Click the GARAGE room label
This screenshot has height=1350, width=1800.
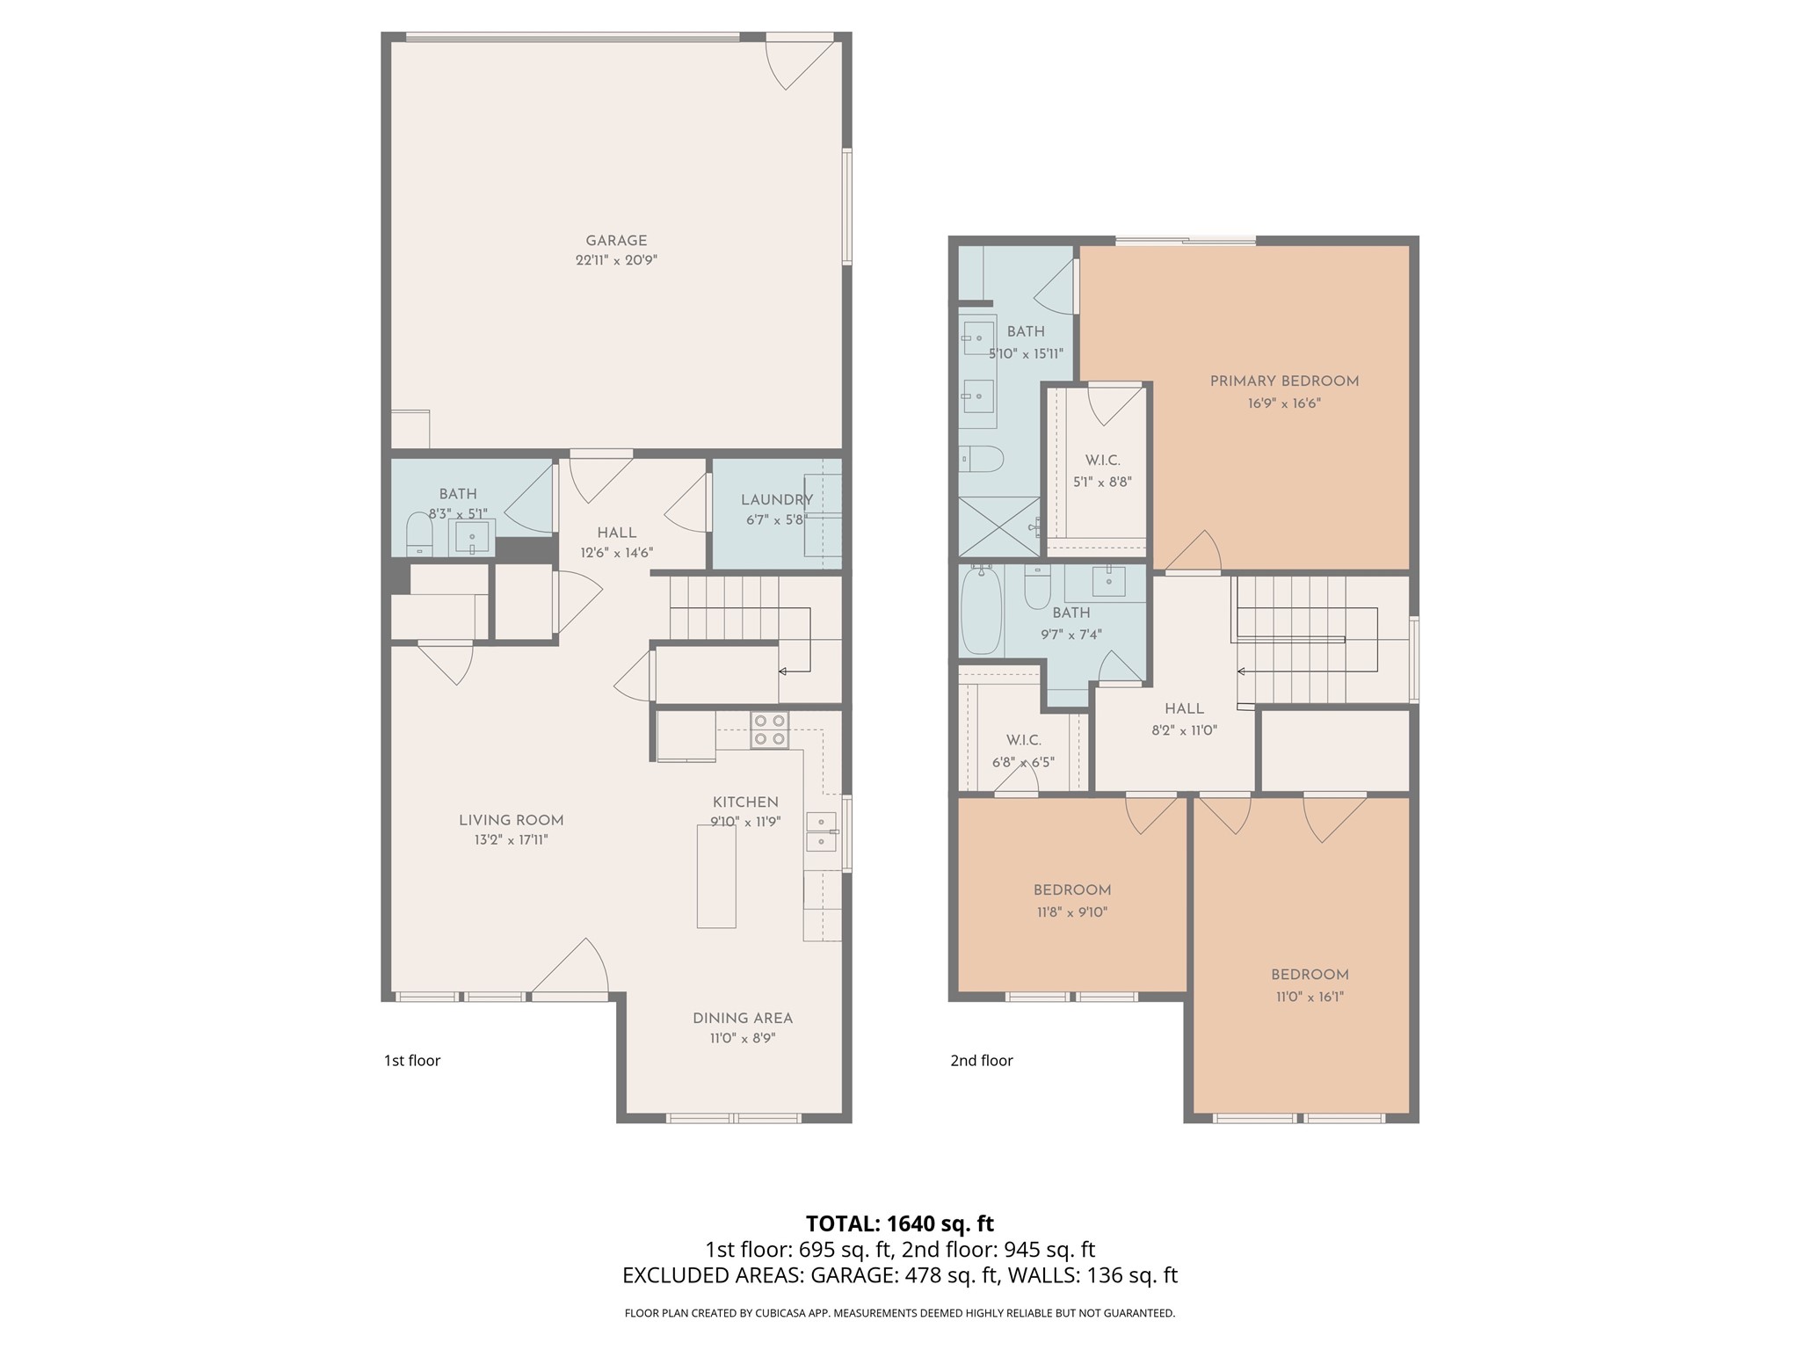[616, 240]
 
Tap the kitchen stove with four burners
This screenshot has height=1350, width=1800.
[769, 729]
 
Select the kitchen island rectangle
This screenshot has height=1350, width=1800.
[716, 876]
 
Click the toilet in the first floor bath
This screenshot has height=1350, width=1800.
[419, 534]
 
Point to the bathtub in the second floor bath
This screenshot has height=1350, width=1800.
[981, 612]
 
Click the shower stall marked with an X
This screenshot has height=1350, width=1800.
[998, 526]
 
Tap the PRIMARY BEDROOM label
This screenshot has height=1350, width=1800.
[1284, 381]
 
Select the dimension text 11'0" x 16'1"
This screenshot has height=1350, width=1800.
[1310, 997]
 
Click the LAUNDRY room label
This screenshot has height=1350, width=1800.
[776, 500]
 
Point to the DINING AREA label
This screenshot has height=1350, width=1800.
[743, 1018]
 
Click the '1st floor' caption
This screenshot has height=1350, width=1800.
[412, 1061]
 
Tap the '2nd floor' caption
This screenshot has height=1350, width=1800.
[981, 1061]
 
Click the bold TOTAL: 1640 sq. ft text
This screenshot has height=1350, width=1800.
[899, 1223]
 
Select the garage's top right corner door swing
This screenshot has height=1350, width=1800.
[798, 63]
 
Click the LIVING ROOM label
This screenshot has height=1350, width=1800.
[511, 820]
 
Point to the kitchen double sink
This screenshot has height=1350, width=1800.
[821, 831]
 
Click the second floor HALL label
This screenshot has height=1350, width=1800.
[1184, 708]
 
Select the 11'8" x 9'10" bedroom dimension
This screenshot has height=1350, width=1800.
[1071, 912]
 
